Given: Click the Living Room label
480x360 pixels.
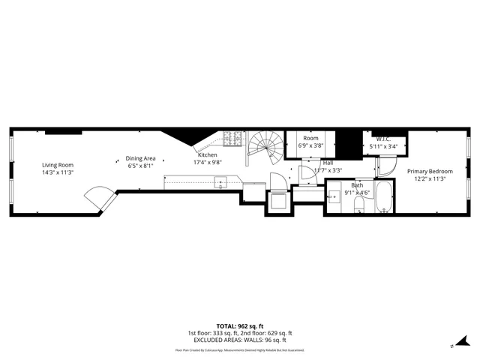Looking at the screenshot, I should [58, 165].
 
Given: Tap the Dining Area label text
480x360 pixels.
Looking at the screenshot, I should [140, 158].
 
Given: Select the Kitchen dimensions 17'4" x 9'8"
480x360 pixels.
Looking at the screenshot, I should [208, 162].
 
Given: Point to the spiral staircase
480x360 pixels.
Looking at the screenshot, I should [265, 147].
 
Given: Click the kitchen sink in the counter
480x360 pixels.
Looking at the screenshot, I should [220, 181].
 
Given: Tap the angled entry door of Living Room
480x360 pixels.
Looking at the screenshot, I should [99, 199].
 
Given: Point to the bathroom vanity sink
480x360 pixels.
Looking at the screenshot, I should [334, 196].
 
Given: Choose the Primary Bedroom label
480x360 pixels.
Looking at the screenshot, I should [430, 172].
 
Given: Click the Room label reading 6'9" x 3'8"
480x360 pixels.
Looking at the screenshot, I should [311, 145].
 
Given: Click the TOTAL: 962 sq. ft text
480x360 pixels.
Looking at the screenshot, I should [239, 326].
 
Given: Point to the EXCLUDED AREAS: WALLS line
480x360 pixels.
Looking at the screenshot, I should [239, 340].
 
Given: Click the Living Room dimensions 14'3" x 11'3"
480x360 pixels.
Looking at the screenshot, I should [58, 172].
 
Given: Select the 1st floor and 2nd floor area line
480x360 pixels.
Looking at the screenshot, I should [239, 333].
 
